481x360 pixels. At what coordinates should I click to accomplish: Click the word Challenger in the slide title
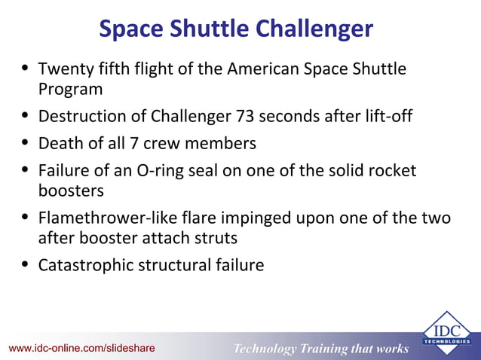point(314,29)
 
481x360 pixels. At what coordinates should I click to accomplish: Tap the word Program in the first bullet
point(71,89)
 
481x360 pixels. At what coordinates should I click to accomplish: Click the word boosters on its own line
point(71,191)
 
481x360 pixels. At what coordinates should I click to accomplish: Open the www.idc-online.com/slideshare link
point(81,348)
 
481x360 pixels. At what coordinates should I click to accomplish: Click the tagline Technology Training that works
point(321,348)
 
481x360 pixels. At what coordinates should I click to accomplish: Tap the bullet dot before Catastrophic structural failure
point(26,265)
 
